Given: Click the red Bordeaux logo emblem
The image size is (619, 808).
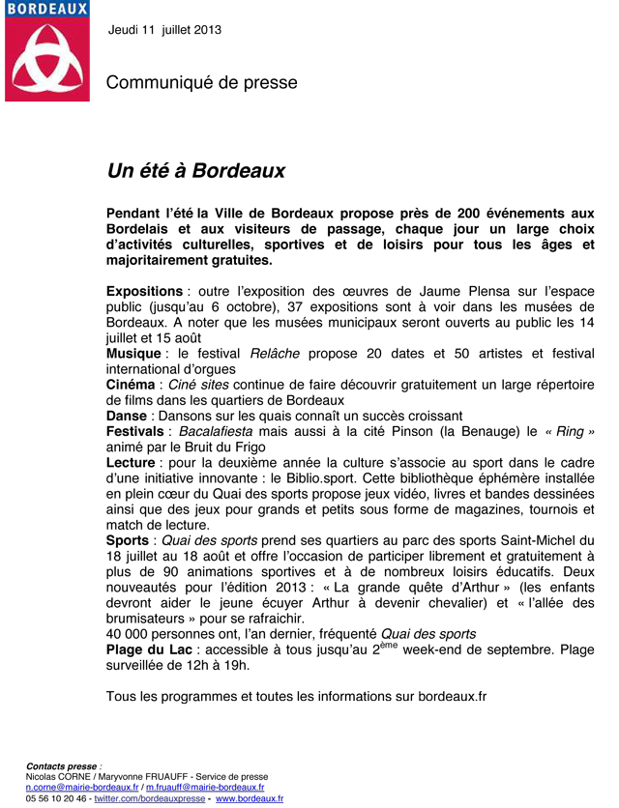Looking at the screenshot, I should pyautogui.click(x=47, y=57).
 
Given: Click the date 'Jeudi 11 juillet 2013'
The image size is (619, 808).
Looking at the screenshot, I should pyautogui.click(x=165, y=29).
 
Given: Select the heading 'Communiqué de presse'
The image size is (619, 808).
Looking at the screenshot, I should pyautogui.click(x=201, y=83).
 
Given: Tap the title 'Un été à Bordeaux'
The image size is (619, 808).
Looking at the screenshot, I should pyautogui.click(x=195, y=171).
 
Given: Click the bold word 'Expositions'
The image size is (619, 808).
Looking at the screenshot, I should pyautogui.click(x=144, y=291).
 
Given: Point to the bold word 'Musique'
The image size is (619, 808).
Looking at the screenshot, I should pyautogui.click(x=134, y=355).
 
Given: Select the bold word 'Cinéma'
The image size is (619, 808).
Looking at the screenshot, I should pyautogui.click(x=130, y=385).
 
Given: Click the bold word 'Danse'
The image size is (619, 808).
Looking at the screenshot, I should pyautogui.click(x=126, y=416).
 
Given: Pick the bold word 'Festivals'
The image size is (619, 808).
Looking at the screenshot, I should pyautogui.click(x=134, y=431).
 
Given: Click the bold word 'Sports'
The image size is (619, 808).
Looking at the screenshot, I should pyautogui.click(x=128, y=540).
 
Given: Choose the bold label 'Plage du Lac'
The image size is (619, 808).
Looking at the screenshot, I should pyautogui.click(x=149, y=649).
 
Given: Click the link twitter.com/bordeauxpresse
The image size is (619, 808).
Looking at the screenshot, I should pyautogui.click(x=150, y=799).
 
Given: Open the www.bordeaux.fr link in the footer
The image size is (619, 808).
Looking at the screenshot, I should pyautogui.click(x=250, y=799).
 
